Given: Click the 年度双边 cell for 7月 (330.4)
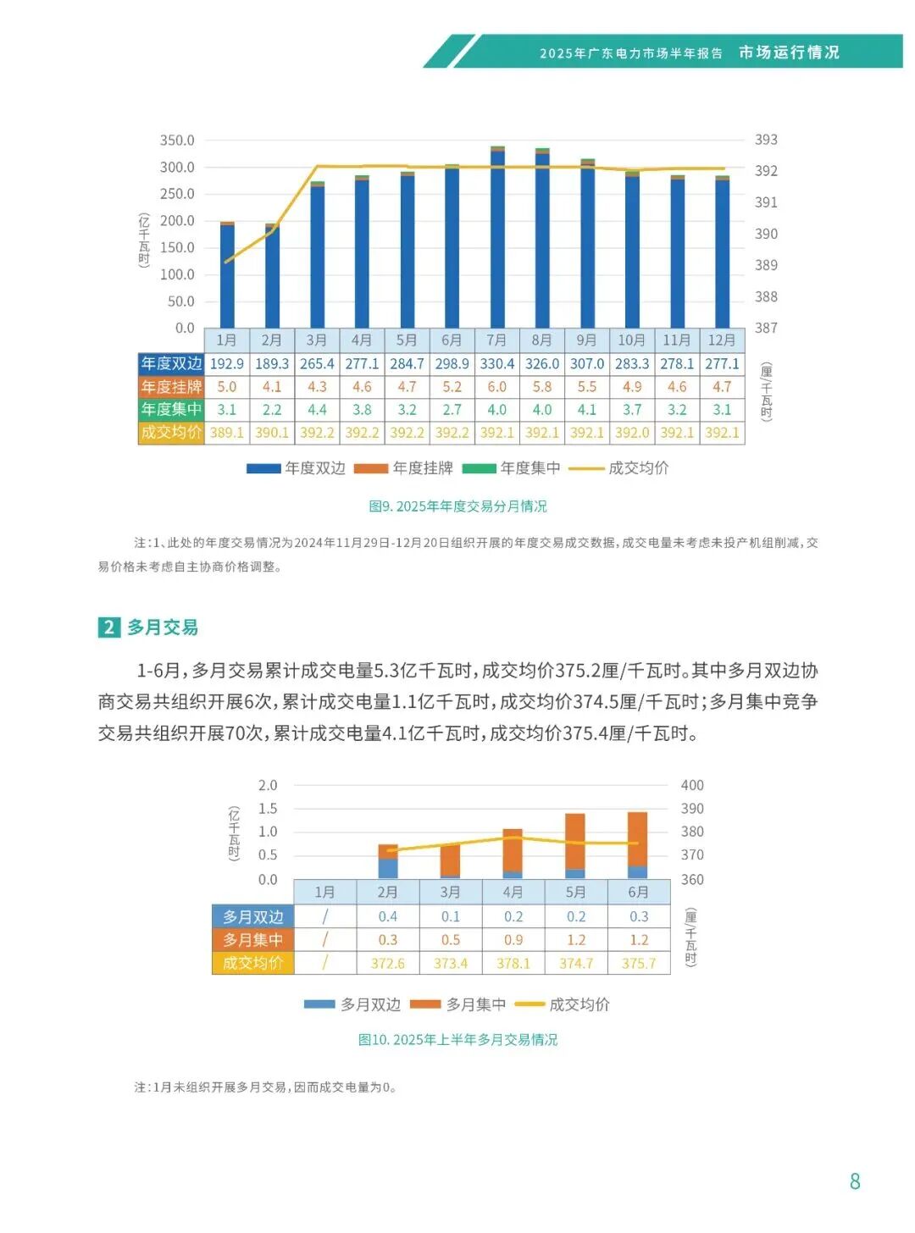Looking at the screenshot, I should click(496, 363).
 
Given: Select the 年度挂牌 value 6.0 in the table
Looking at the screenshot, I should click(496, 386).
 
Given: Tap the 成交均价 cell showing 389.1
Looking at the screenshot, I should click(227, 432).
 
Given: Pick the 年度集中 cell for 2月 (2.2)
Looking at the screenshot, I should click(272, 409).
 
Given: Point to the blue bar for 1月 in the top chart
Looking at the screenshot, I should click(227, 276).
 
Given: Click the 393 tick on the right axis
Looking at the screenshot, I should click(766, 140).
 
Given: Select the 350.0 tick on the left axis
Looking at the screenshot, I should click(177, 140).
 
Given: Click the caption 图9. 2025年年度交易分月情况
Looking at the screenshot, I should click(457, 506).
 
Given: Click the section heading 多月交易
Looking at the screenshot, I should click(163, 628).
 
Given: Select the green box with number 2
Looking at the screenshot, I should click(108, 628).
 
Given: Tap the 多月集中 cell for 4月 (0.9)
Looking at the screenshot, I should click(513, 940).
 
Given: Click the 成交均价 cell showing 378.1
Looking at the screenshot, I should click(513, 963).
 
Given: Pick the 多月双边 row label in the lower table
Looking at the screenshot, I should click(252, 917).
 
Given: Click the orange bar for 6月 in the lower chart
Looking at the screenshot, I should click(638, 838).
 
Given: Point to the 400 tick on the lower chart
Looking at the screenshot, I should click(692, 785).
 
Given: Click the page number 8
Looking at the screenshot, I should click(855, 1181).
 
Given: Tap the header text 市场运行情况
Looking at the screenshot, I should click(789, 53).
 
